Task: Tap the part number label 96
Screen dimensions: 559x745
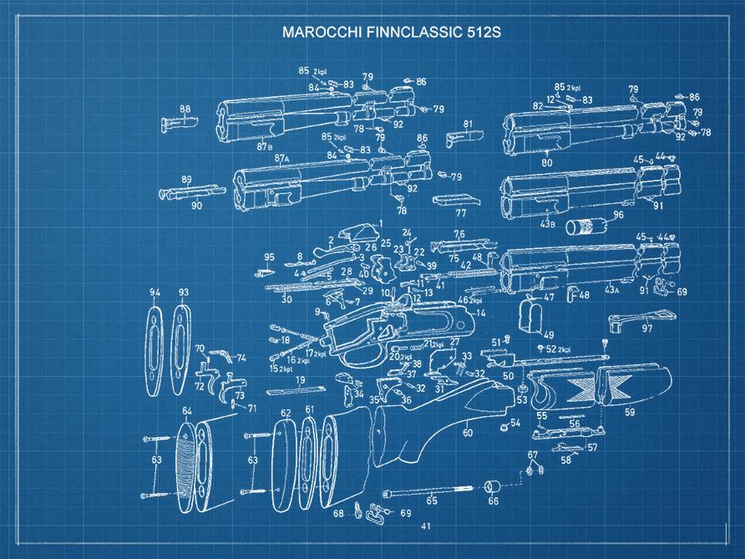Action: pos(618,215)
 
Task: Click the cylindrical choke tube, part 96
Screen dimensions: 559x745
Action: pos(587,226)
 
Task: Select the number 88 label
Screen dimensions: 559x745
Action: pos(185,109)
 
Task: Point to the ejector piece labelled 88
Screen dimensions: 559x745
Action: pos(179,124)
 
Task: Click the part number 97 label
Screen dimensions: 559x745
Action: pos(646,328)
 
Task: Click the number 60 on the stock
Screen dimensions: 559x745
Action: pos(468,432)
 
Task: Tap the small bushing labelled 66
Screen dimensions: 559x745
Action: pos(493,487)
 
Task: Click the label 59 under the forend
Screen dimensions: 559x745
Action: pos(630,412)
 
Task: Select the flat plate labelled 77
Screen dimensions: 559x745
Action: pos(456,200)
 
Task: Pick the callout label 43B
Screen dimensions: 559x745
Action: pos(547,223)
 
